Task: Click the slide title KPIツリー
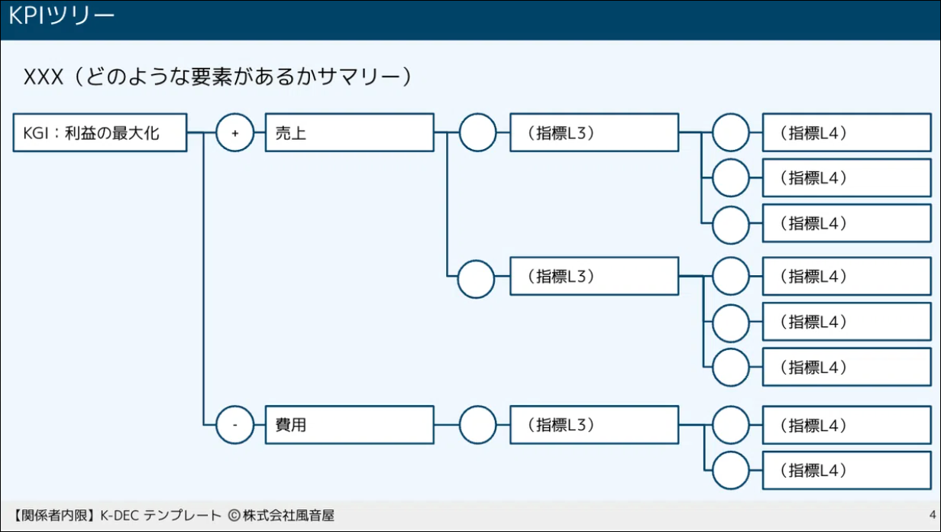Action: pos(62,17)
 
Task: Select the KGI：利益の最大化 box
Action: pos(100,133)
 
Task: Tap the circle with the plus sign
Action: pos(235,133)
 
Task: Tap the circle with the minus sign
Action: pos(235,424)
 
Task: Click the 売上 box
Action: pos(349,133)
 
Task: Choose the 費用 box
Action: pos(349,424)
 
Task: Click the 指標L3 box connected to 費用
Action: pos(593,424)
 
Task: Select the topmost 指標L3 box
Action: pos(593,133)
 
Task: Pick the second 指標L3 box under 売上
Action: pos(593,275)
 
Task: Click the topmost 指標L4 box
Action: pos(846,133)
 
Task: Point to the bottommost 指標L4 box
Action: pos(846,470)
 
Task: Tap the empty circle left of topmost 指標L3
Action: pos(477,133)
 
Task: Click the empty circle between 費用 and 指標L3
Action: pos(477,424)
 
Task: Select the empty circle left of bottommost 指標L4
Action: pos(731,470)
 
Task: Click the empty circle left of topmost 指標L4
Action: pos(731,133)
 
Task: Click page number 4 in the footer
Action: pos(932,514)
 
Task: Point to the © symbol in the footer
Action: pos(233,515)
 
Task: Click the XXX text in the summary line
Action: pos(43,77)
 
